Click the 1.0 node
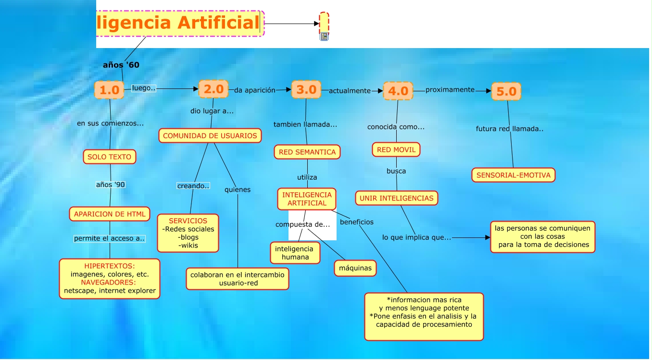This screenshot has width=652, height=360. click(109, 90)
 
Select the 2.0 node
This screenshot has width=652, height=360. click(213, 89)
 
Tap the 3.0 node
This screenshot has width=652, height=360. click(306, 89)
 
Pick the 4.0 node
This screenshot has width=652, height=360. click(398, 91)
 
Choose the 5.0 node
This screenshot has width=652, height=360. click(506, 91)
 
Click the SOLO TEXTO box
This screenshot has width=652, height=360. click(110, 157)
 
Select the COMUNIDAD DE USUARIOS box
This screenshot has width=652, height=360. click(210, 136)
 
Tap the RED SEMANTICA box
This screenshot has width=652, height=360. click(307, 152)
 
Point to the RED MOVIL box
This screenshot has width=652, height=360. click(396, 149)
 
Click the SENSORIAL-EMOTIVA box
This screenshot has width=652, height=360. click(513, 175)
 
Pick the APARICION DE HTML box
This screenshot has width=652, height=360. click(110, 214)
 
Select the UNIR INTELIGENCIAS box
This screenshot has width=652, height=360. click(397, 198)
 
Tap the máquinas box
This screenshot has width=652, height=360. click(355, 268)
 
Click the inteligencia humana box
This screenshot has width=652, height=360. click(294, 253)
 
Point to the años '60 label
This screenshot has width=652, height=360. click(121, 65)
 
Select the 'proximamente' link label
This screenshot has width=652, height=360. click(450, 90)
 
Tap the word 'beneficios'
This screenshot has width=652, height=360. click(357, 222)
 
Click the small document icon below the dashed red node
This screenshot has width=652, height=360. click(325, 37)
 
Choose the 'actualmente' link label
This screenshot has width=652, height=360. click(350, 90)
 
